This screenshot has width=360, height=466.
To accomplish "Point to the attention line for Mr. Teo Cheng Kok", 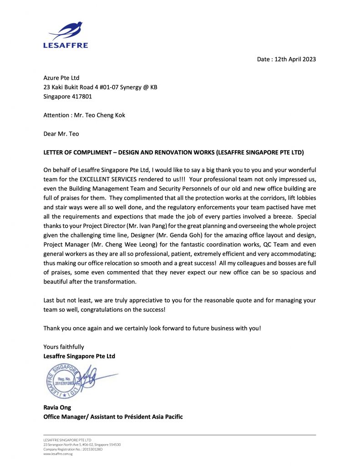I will click(x=84, y=115).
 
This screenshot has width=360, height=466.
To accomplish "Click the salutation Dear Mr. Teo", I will click(x=61, y=133).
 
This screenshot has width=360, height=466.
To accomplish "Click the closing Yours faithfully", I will click(x=64, y=347).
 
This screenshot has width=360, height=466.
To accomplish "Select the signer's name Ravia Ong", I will click(x=57, y=407).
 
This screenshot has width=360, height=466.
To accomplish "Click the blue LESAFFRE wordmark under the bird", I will click(x=66, y=45).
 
